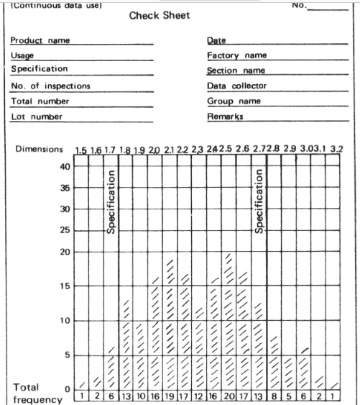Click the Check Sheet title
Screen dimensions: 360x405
[x=160, y=17]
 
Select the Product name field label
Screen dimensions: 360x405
[x=40, y=40]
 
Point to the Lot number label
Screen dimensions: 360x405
[x=37, y=117]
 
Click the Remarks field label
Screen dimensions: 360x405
[x=225, y=116]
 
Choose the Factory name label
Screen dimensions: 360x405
[x=236, y=55]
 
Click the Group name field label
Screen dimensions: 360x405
[x=234, y=101]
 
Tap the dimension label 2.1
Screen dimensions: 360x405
[x=170, y=150]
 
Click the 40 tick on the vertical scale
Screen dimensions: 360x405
[x=65, y=166]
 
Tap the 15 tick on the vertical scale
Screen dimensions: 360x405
[x=65, y=286]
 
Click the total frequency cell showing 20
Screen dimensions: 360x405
[x=229, y=396]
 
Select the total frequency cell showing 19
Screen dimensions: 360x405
[x=170, y=396]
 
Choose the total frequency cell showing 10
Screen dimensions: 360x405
[x=140, y=396]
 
